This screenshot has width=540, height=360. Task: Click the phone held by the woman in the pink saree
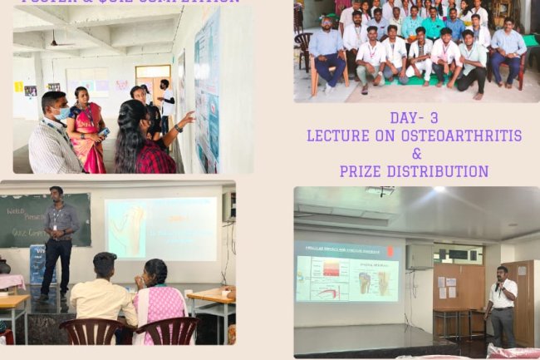tap(103, 132)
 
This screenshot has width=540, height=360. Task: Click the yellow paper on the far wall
tap(18, 86)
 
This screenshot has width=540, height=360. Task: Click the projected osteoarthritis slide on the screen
tap(346, 272)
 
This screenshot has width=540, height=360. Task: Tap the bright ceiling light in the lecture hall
tap(438, 190)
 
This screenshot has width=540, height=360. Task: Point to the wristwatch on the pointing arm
tap(176, 126)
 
